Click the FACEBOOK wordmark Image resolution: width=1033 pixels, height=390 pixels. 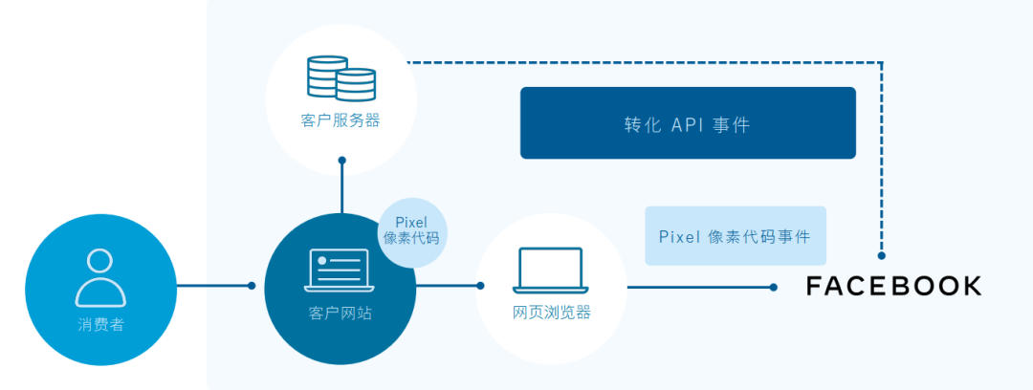point(893,286)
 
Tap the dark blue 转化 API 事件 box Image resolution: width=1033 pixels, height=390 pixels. point(687,123)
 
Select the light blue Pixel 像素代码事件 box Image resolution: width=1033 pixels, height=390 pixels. point(735,236)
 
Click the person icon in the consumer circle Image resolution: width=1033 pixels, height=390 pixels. point(100,277)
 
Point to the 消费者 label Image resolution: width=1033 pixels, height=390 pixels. point(100,324)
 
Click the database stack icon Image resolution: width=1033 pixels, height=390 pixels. point(341,78)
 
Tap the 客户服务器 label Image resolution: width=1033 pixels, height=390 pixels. point(341,121)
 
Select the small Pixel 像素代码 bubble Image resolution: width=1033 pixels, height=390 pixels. point(411,230)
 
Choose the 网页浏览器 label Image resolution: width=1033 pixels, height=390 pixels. point(551,313)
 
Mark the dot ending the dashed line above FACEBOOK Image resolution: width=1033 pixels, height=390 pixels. point(881,255)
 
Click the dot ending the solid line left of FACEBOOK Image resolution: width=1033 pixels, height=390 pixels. point(774,286)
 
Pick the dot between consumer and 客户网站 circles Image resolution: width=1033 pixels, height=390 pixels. point(252,285)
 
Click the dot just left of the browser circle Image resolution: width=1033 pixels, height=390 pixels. point(480,285)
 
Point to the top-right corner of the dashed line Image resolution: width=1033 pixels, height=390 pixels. point(881,63)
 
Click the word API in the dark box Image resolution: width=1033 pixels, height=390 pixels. point(687,125)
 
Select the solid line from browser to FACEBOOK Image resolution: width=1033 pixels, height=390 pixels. point(698,286)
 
